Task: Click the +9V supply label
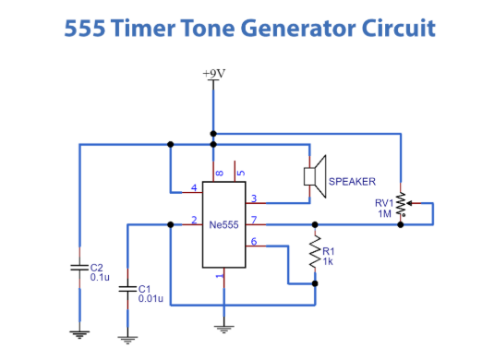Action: point(213,74)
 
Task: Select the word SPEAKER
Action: point(352,182)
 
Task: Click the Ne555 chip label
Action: point(223,224)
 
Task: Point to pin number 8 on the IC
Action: point(219,173)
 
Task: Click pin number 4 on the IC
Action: point(194,188)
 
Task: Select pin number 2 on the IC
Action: point(194,220)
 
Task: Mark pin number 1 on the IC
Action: point(219,275)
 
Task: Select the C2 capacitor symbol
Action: point(80,268)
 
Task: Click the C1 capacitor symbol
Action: point(128,290)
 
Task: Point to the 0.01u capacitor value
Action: point(151,298)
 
